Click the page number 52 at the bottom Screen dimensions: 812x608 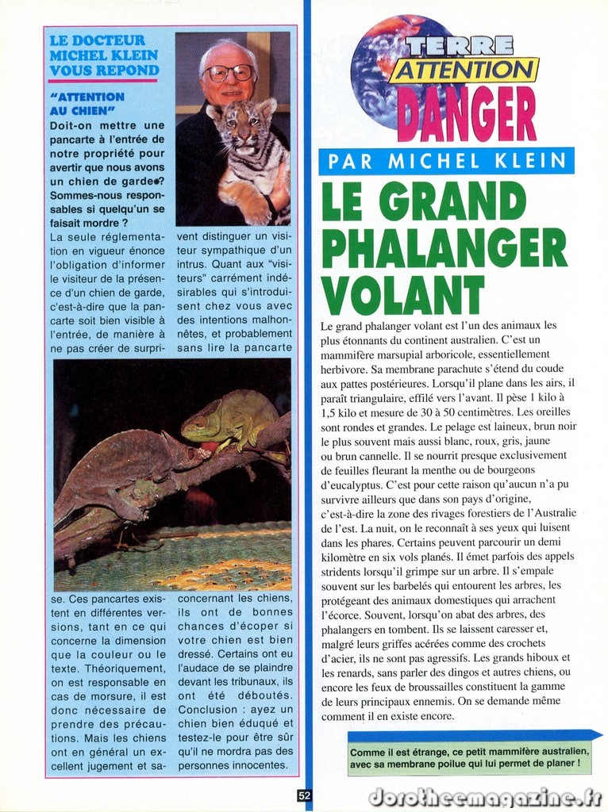(x=305, y=795)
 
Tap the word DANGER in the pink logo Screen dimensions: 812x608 (x=466, y=113)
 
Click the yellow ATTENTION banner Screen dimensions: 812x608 (x=464, y=71)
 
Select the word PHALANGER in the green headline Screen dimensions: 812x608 (x=444, y=249)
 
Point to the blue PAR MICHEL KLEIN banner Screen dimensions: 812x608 (x=446, y=162)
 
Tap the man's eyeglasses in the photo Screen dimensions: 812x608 (x=229, y=73)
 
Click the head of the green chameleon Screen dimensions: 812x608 (x=198, y=426)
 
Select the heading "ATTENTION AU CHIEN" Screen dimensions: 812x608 (x=87, y=104)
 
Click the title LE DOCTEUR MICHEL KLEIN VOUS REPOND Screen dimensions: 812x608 (x=103, y=56)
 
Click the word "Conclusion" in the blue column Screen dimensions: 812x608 (x=208, y=710)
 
